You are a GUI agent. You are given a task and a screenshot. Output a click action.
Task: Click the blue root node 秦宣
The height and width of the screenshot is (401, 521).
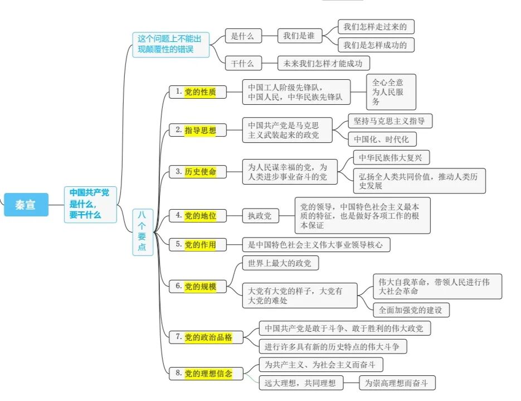(x=26, y=205)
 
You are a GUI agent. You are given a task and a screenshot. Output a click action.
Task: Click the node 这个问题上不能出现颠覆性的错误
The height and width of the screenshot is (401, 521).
(x=170, y=45)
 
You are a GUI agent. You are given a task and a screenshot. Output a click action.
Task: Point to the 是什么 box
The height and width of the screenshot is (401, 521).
(x=242, y=36)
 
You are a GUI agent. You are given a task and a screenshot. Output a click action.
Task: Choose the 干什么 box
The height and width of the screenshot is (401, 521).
(x=242, y=64)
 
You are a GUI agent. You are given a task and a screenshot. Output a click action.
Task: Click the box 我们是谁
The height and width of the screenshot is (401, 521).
(x=299, y=36)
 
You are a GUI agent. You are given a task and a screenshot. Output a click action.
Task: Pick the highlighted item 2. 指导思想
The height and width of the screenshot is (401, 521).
(x=198, y=131)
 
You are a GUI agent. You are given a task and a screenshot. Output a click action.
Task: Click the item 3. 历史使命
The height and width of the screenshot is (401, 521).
(x=198, y=172)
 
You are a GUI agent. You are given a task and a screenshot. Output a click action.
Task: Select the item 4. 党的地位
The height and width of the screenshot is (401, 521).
(x=198, y=215)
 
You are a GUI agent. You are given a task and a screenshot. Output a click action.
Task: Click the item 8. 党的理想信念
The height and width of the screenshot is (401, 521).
(x=205, y=374)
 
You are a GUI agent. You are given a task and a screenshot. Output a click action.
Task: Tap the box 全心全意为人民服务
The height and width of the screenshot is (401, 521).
(x=391, y=92)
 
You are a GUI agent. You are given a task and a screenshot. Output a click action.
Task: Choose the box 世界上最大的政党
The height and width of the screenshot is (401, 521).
(x=279, y=263)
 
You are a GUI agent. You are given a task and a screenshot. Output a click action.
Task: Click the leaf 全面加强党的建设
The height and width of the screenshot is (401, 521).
(x=411, y=310)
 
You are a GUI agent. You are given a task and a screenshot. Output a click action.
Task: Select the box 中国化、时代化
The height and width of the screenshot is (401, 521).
(x=382, y=139)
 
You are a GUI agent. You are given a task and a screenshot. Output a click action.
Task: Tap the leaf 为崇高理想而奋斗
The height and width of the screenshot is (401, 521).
(x=396, y=383)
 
